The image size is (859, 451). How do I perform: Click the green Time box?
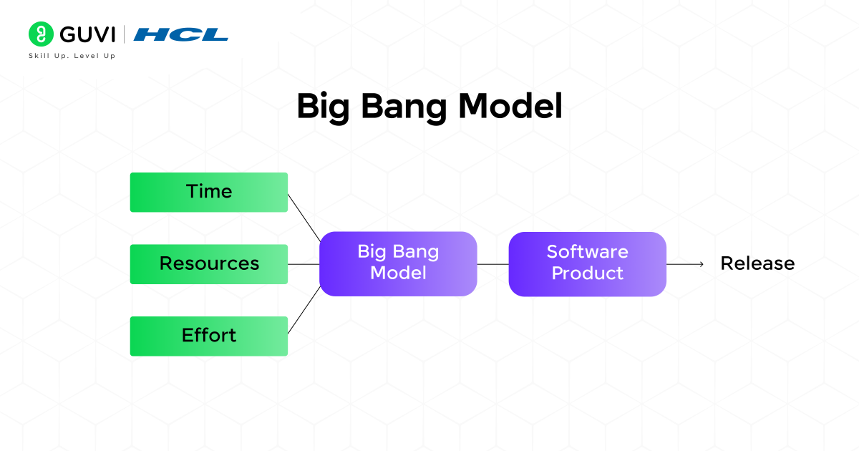click(x=208, y=192)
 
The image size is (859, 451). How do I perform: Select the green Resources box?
click(x=208, y=263)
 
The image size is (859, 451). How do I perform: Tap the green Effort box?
click(x=208, y=335)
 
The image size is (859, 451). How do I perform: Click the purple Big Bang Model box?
click(x=398, y=263)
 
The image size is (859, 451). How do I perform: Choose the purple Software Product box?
click(x=587, y=263)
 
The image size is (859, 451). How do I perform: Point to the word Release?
click(x=757, y=263)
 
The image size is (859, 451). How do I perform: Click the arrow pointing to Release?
click(x=686, y=264)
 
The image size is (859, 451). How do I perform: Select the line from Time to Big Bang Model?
click(x=304, y=217)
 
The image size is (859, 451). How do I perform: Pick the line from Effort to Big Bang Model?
click(x=304, y=311)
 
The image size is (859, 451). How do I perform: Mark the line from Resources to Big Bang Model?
click(x=304, y=264)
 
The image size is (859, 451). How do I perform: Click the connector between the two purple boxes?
click(x=492, y=264)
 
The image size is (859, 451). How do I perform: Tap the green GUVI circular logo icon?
click(x=41, y=34)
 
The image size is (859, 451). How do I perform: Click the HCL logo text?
click(x=180, y=34)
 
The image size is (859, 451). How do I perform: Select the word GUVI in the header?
click(x=88, y=34)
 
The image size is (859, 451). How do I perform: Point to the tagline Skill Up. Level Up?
click(x=72, y=56)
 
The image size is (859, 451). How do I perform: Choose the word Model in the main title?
click(x=510, y=106)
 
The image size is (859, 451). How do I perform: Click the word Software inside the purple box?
click(x=587, y=252)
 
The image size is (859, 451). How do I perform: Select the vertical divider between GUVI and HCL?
click(x=125, y=34)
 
